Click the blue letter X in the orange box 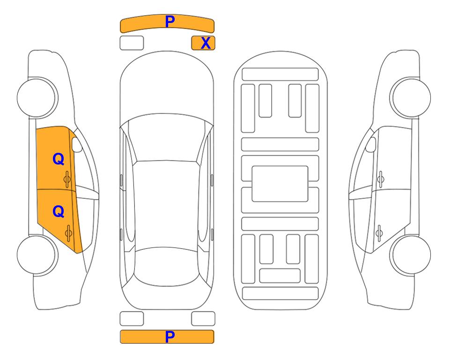(206, 43)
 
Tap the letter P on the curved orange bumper (170, 22)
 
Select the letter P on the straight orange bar (170, 337)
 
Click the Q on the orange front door (59, 159)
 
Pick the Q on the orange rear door (59, 212)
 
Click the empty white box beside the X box (132, 43)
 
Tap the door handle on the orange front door (67, 179)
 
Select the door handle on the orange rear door (68, 233)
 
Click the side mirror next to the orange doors (76, 144)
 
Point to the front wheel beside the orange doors (37, 97)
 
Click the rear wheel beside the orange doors (37, 255)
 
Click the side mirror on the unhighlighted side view (371, 144)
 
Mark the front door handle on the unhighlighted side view (380, 179)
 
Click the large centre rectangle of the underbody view (280, 184)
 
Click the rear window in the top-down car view (167, 266)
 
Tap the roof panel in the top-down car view (166, 205)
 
